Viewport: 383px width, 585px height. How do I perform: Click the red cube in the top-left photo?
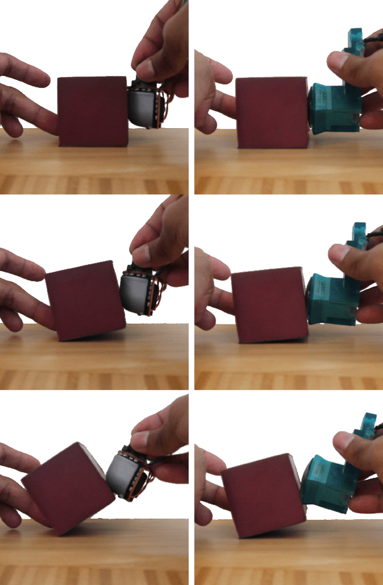click(93, 111)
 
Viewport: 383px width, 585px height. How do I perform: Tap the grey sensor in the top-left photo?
click(142, 107)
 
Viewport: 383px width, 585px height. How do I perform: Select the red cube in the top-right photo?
click(272, 113)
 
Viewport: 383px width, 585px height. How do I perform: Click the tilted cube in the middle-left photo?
click(84, 301)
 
